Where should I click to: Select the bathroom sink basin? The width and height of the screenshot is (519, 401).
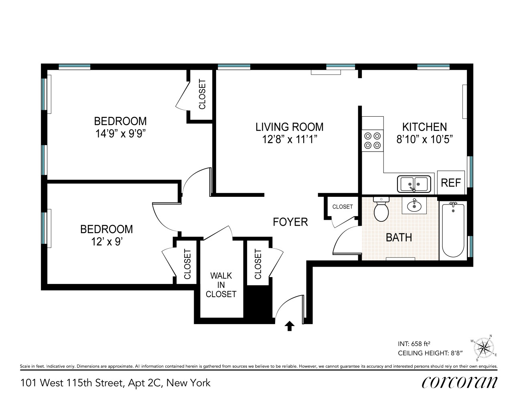point(414,207)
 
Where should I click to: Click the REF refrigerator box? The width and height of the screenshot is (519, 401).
point(451,183)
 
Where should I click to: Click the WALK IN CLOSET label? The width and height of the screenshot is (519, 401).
point(221,285)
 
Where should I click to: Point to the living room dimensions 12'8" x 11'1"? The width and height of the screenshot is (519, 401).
point(289,140)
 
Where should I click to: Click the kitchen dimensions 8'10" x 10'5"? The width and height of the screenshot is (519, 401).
point(424,140)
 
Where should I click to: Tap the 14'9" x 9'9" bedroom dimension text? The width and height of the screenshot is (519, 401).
point(120,134)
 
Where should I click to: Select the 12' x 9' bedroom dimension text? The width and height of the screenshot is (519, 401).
point(106,242)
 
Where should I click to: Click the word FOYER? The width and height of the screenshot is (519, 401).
point(290,222)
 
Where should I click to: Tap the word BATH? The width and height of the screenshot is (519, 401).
point(399,237)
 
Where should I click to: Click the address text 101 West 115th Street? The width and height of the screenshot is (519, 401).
point(71,383)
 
